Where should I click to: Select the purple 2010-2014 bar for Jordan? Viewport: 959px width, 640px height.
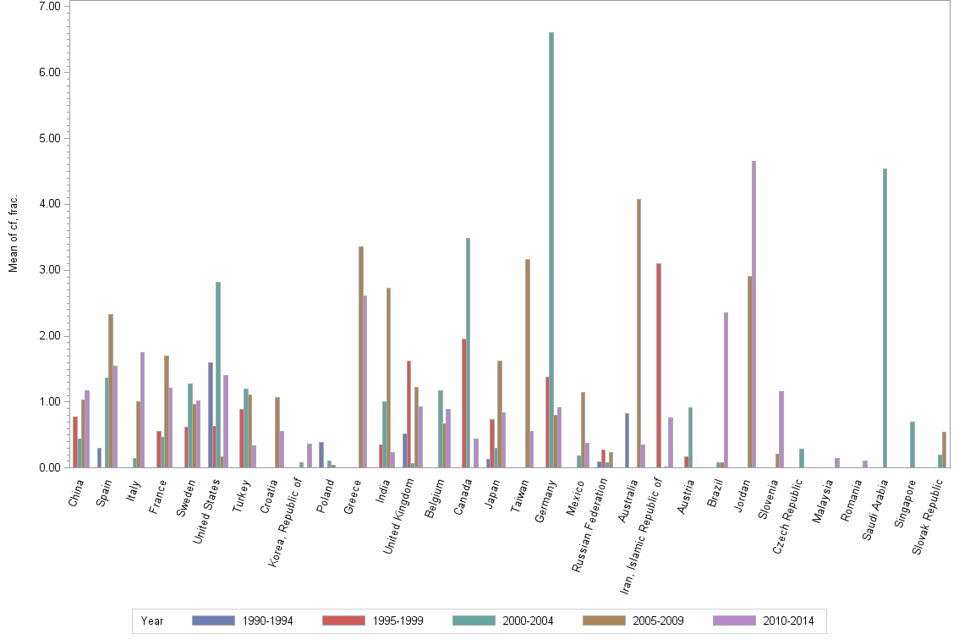pyautogui.click(x=753, y=314)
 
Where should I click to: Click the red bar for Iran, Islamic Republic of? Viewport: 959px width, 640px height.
pyautogui.click(x=659, y=365)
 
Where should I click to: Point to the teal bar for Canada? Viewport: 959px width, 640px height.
pyautogui.click(x=468, y=352)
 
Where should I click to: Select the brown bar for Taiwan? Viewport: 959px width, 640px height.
pyautogui.click(x=527, y=363)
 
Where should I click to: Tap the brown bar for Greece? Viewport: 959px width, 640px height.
pyautogui.click(x=361, y=356)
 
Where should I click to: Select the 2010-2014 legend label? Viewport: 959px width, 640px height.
pyautogui.click(x=788, y=621)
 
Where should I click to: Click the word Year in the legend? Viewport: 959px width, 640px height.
pyautogui.click(x=152, y=621)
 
